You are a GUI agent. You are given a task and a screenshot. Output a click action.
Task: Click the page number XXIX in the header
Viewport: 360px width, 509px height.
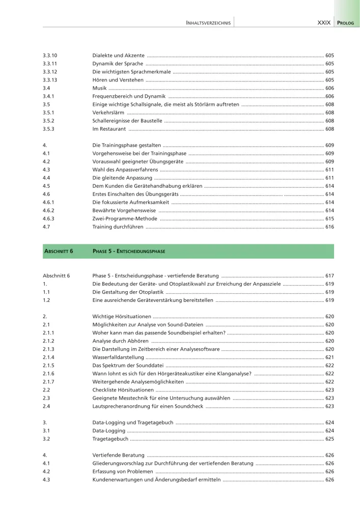tap(324, 23)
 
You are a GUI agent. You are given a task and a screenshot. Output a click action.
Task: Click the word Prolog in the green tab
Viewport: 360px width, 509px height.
tap(347, 23)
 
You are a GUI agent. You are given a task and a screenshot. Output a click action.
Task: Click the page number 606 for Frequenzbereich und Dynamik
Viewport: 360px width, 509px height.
tap(329, 96)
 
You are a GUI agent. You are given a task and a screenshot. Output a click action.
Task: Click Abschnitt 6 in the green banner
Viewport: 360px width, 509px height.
tap(58, 251)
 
